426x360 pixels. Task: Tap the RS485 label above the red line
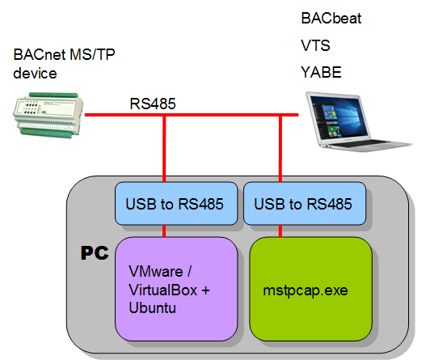(153, 104)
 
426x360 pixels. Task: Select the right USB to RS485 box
(304, 203)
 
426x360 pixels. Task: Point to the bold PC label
(95, 253)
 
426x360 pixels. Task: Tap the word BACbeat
(331, 17)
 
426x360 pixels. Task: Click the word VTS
(314, 45)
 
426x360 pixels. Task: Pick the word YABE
(319, 73)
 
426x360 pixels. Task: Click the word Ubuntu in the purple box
(153, 308)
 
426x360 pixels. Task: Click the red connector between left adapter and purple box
(165, 231)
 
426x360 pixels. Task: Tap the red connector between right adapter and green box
(280, 231)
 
